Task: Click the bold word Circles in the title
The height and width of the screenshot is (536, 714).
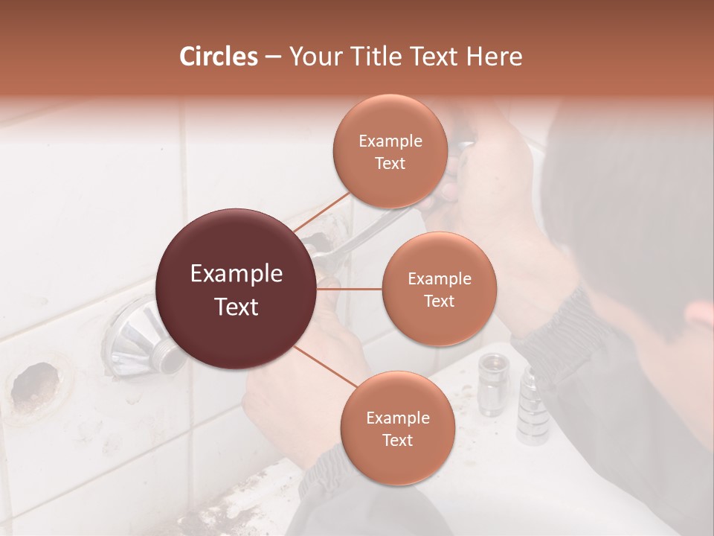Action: [x=218, y=57]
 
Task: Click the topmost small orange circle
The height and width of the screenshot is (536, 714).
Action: [x=390, y=151]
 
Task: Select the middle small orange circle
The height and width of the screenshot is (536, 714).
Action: [x=439, y=289]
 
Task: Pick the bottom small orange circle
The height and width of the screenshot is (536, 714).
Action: [x=397, y=428]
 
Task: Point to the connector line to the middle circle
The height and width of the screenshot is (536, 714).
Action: [x=350, y=289]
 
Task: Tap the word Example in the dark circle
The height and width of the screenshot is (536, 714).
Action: [x=237, y=274]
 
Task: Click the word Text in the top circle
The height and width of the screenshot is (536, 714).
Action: [x=390, y=163]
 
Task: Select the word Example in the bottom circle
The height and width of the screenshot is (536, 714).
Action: [x=397, y=418]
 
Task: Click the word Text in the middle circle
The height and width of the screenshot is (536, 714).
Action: [x=439, y=301]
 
